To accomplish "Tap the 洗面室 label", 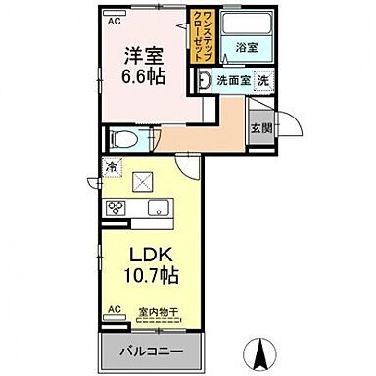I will pos(233,82).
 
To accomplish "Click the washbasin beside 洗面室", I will pos(206,82).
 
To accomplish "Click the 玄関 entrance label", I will pos(259,125).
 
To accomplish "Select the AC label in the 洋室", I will pos(114,20).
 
